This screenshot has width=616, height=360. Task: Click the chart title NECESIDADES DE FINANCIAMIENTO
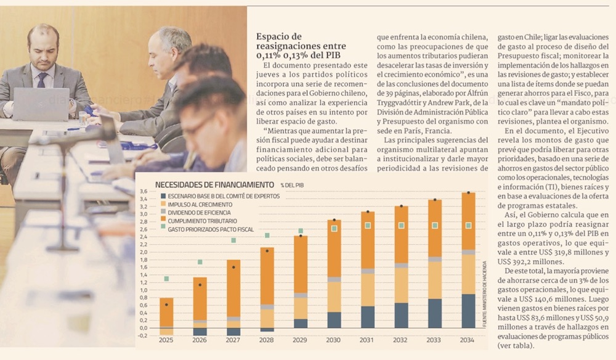[214, 184]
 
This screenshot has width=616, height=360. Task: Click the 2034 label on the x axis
[468, 340]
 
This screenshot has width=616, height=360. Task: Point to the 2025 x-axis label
[166, 340]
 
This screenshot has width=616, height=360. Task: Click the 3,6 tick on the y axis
[143, 191]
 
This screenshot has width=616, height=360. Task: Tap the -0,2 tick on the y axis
[142, 335]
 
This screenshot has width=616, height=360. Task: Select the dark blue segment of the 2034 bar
[468, 311]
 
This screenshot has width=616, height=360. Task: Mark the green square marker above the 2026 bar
[200, 262]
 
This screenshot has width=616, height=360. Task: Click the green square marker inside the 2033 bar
[435, 226]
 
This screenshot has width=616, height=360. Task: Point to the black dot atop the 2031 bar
[368, 211]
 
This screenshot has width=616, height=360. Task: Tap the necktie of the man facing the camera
[42, 80]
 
